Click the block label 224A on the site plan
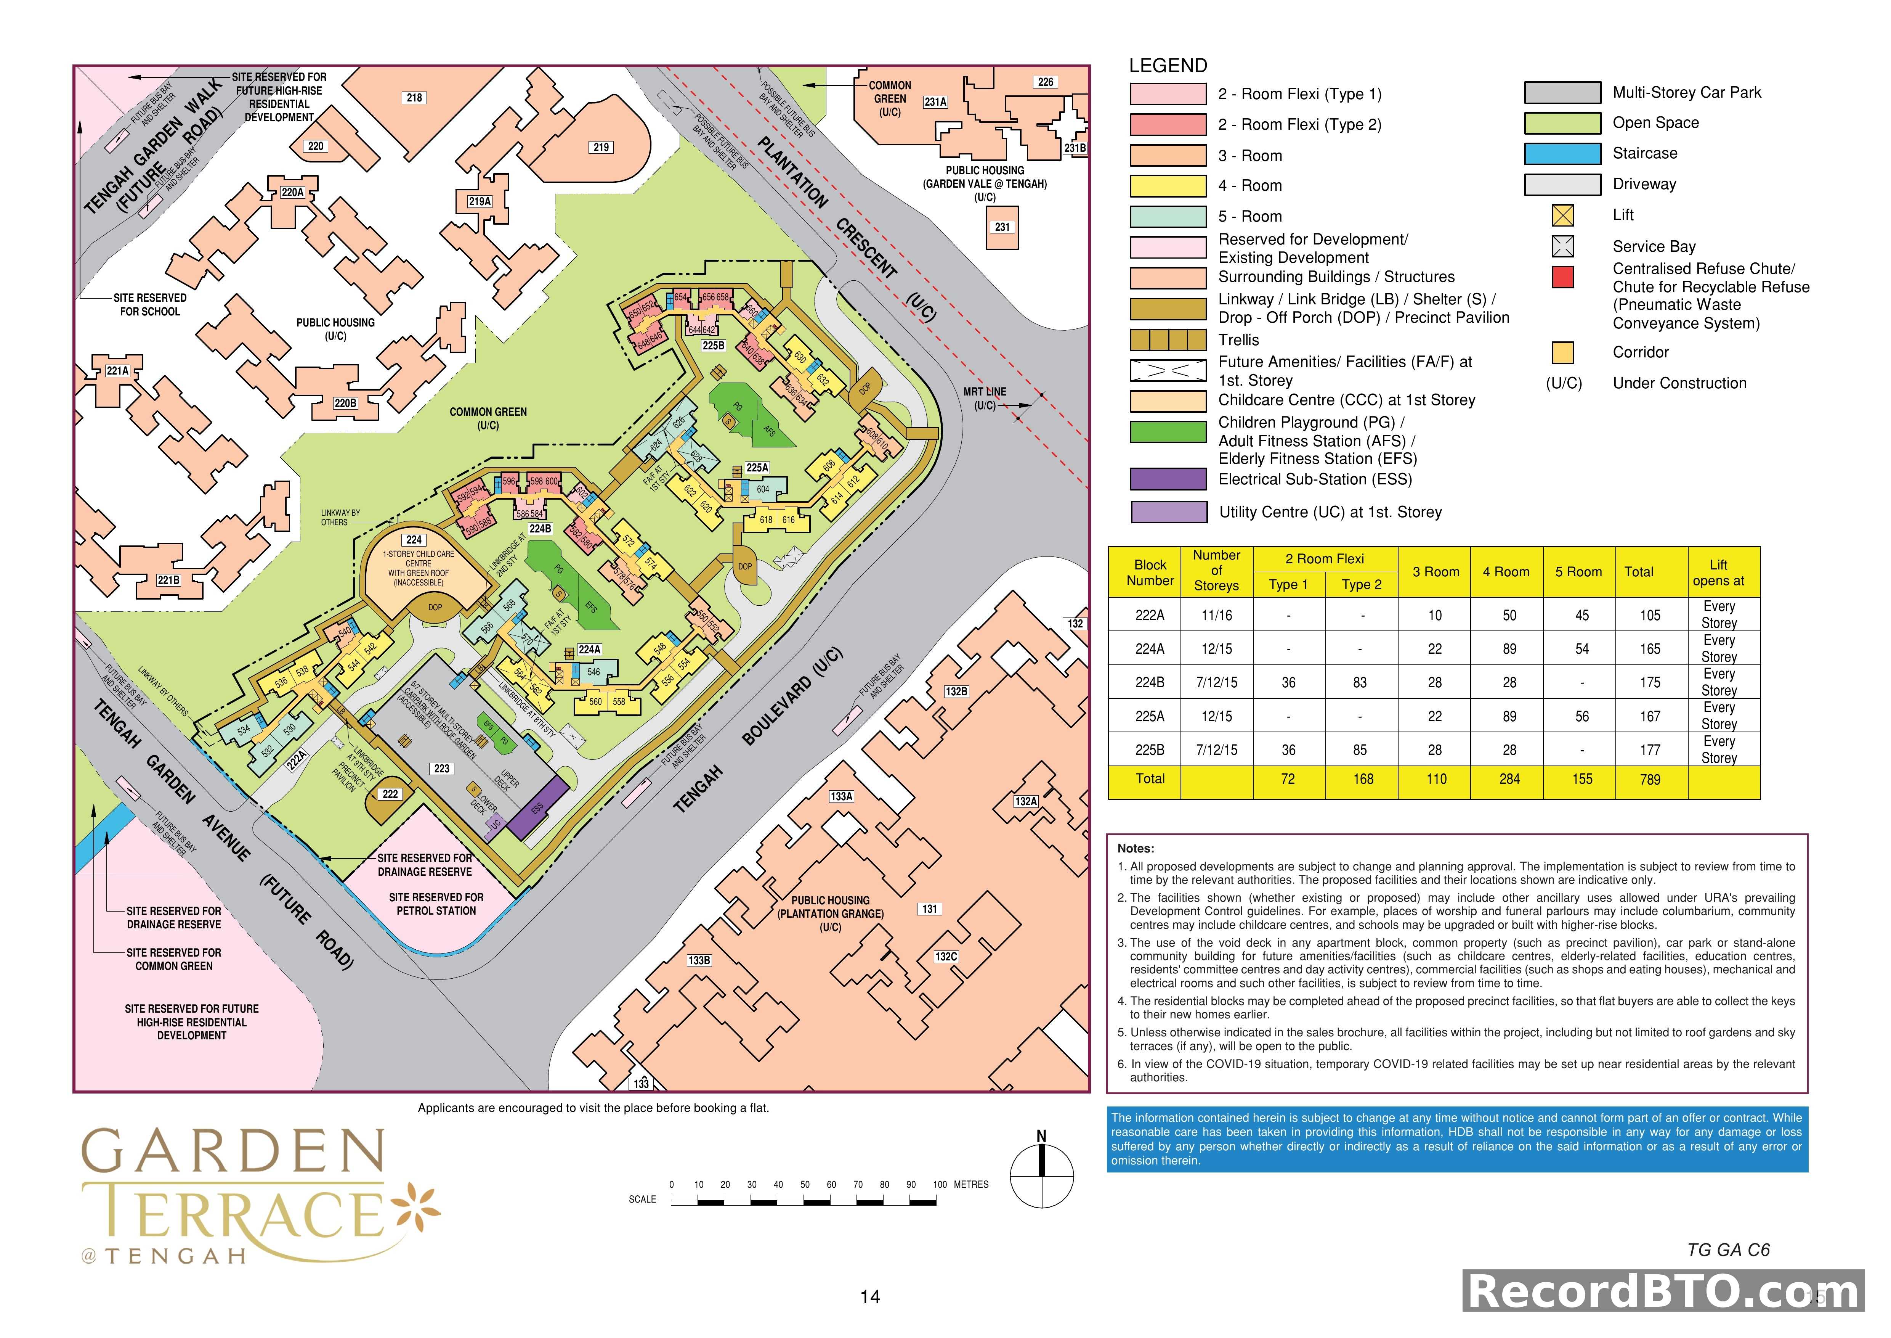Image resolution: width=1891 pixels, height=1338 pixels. (589, 649)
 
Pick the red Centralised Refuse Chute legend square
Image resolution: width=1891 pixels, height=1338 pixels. (1562, 278)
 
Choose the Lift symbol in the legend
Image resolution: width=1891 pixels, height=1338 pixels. (1562, 215)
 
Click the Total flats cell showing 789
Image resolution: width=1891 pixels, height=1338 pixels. (1650, 779)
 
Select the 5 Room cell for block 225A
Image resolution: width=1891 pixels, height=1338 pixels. (1581, 716)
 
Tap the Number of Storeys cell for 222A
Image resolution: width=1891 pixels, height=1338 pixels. (1216, 614)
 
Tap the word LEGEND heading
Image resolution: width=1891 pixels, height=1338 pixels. (1168, 66)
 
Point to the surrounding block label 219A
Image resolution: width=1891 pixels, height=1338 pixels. (480, 201)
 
